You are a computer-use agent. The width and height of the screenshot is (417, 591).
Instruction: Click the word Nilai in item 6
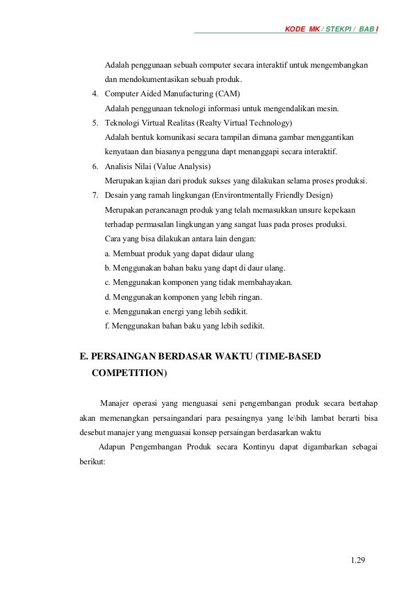145,167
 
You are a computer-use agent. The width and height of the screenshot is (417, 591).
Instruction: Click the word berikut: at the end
92,461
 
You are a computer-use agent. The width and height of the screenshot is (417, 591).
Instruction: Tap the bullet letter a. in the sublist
108,253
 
